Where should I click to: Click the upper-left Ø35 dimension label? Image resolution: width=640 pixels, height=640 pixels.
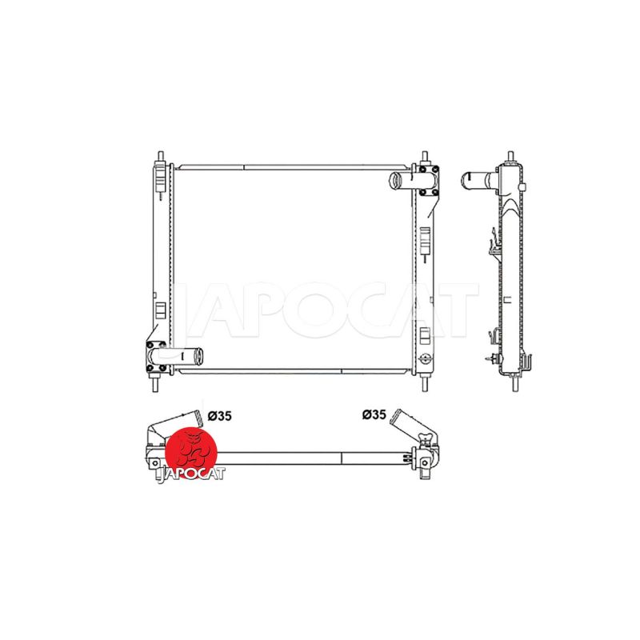coord(219,416)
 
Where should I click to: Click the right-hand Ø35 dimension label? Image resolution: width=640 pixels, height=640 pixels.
coord(374,414)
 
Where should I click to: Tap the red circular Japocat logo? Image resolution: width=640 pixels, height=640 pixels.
coord(191,453)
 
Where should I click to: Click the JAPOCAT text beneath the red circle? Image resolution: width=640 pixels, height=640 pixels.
coord(191,474)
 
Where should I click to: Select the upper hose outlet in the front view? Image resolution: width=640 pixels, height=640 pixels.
coord(404,181)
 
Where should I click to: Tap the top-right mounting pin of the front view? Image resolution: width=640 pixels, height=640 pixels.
coord(425,157)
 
